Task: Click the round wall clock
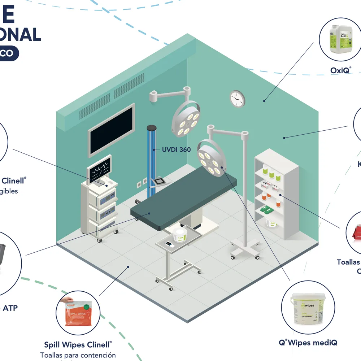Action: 237,99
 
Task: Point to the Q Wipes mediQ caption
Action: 308,342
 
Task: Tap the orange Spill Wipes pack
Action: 78,311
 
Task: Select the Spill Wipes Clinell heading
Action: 78,344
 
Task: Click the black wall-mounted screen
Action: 112,130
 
